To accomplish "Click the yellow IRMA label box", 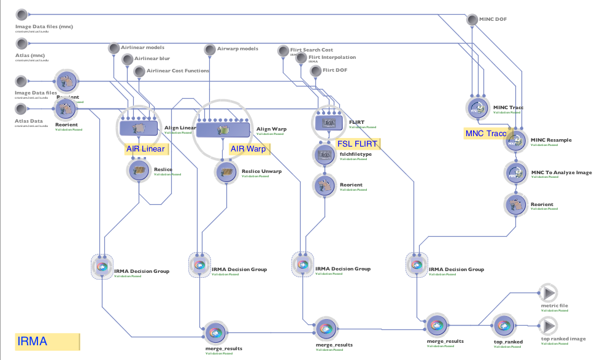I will [x=48, y=342].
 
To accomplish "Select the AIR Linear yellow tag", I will [x=146, y=149].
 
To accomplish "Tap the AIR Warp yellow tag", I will [x=248, y=149].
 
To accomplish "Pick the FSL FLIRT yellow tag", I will [x=358, y=144].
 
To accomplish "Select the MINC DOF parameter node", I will [x=472, y=20].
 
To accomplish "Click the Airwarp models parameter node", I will [x=210, y=49].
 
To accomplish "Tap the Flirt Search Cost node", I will [x=283, y=50].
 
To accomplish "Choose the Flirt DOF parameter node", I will [x=316, y=71].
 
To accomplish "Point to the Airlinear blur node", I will [x=127, y=59].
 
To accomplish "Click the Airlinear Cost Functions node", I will [x=139, y=71].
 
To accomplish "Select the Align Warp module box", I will [x=222, y=129].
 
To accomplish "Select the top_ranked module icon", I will [x=502, y=324].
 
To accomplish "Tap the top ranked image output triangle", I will [x=547, y=325].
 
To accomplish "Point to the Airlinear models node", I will [x=114, y=48].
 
